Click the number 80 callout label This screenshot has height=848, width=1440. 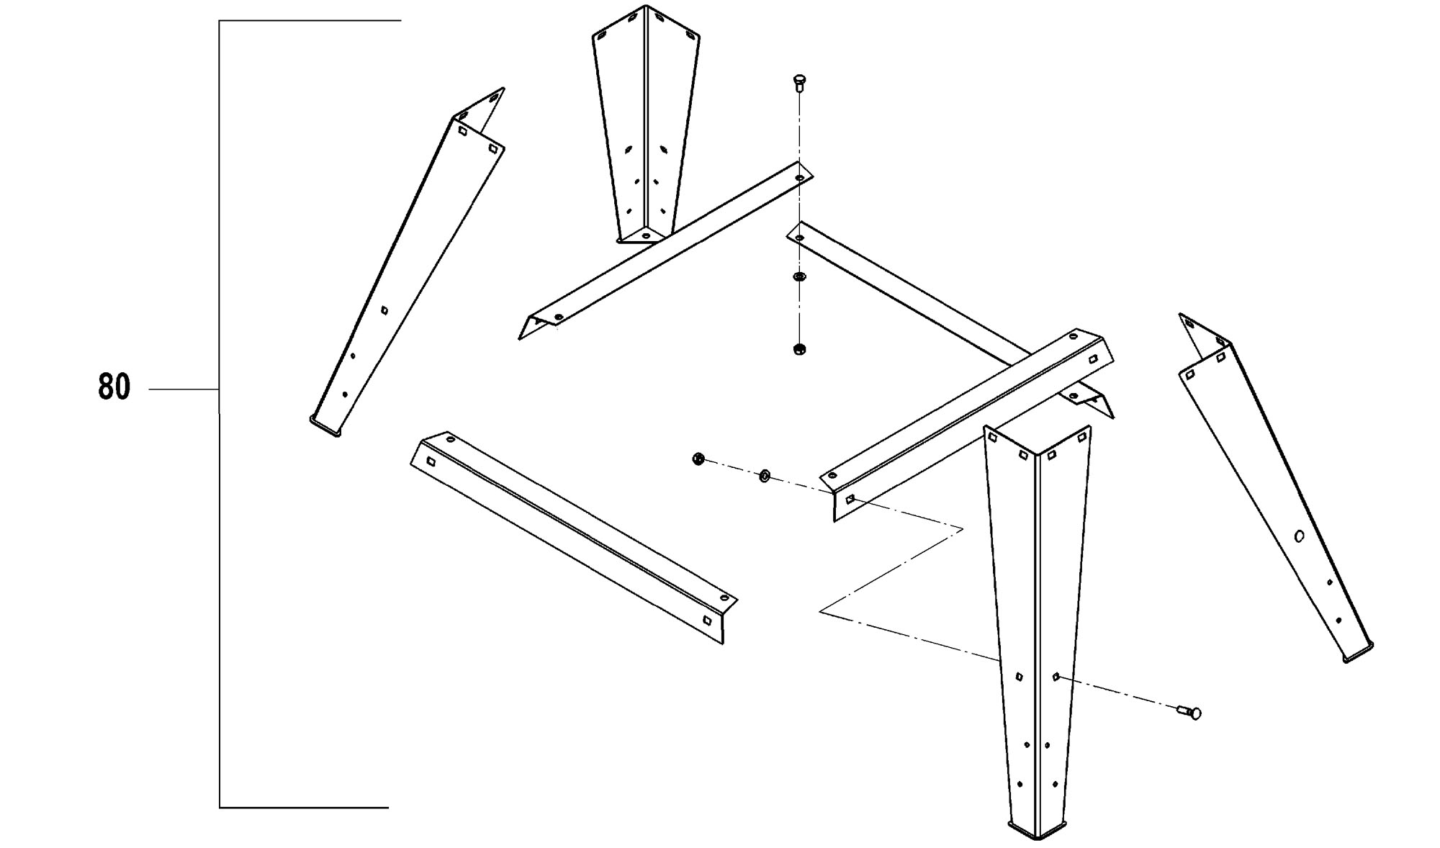pyautogui.click(x=114, y=387)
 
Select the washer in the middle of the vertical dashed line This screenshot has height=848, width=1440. pyautogui.click(x=798, y=277)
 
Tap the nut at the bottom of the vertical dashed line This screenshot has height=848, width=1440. pyautogui.click(x=798, y=350)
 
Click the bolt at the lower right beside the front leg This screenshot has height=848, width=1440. pyautogui.click(x=1189, y=712)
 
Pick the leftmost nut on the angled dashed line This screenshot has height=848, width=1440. pyautogui.click(x=697, y=459)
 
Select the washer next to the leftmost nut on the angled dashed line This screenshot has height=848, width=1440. pyautogui.click(x=765, y=475)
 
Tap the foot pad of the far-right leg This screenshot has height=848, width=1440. pyautogui.click(x=1358, y=652)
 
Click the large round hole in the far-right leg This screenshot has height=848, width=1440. pyautogui.click(x=1300, y=536)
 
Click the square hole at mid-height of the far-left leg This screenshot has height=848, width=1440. pyautogui.click(x=384, y=310)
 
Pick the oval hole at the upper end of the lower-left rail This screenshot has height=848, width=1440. pyautogui.click(x=450, y=438)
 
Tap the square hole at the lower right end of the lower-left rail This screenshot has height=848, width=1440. pyautogui.click(x=707, y=620)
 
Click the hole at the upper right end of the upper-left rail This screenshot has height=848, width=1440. pyautogui.click(x=800, y=176)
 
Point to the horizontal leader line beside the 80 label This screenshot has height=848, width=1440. pyautogui.click(x=184, y=389)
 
